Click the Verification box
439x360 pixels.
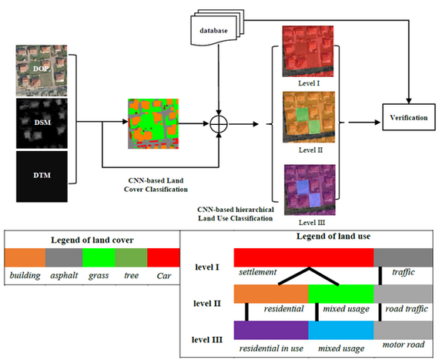point(409,117)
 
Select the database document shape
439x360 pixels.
point(217,28)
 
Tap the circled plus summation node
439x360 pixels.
point(219,123)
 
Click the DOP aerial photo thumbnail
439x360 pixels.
point(42,71)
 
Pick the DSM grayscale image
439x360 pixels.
point(42,123)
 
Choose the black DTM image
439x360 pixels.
point(42,177)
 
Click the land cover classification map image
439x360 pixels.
point(153,123)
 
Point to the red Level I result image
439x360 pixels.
point(308,52)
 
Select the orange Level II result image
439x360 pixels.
point(309,117)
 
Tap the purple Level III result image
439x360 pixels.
point(310,190)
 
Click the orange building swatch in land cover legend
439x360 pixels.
point(25,257)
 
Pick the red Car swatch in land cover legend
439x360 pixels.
point(163,257)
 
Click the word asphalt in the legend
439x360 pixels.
point(64,276)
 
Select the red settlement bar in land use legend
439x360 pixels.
point(303,257)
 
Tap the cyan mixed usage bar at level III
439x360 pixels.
point(341,330)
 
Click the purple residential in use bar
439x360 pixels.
point(271,330)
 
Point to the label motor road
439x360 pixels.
point(404,345)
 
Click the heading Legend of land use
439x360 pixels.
point(333,237)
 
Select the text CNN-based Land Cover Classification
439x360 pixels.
point(156,185)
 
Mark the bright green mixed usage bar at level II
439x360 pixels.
point(341,294)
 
